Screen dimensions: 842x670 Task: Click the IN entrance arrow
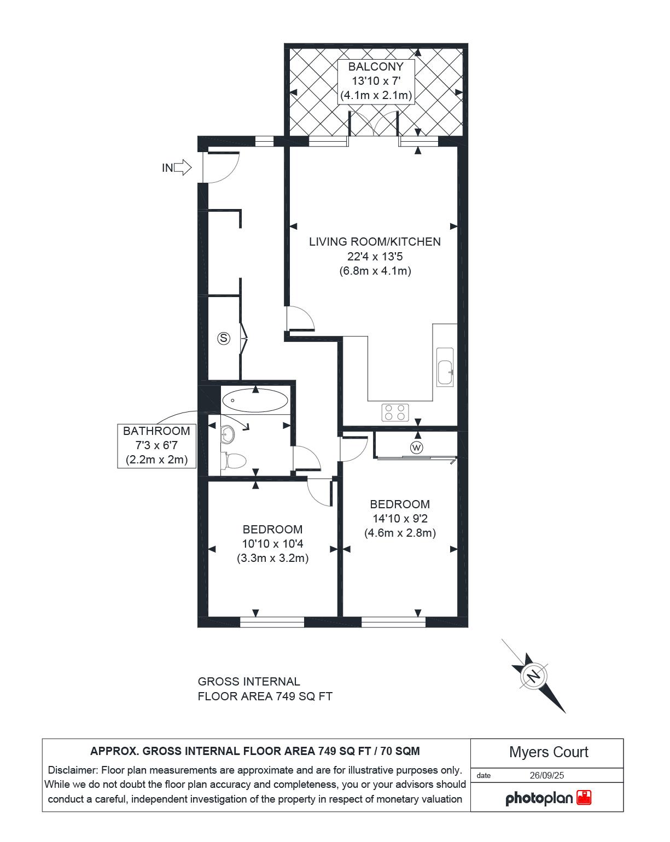click(183, 167)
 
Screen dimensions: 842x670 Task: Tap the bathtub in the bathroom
click(255, 400)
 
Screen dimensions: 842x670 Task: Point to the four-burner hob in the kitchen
click(395, 412)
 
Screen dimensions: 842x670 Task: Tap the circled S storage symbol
click(223, 338)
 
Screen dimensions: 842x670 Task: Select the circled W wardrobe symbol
click(417, 448)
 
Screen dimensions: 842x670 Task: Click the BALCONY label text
click(376, 67)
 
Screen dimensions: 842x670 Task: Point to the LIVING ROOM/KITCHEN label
click(375, 241)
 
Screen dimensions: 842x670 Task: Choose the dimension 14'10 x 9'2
click(400, 518)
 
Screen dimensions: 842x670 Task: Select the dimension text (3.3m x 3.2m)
click(272, 558)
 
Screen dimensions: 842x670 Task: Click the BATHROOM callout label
click(156, 431)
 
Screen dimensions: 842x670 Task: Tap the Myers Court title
click(548, 752)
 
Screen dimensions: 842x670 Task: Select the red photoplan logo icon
click(584, 798)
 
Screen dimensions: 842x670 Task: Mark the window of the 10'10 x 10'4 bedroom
click(272, 622)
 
